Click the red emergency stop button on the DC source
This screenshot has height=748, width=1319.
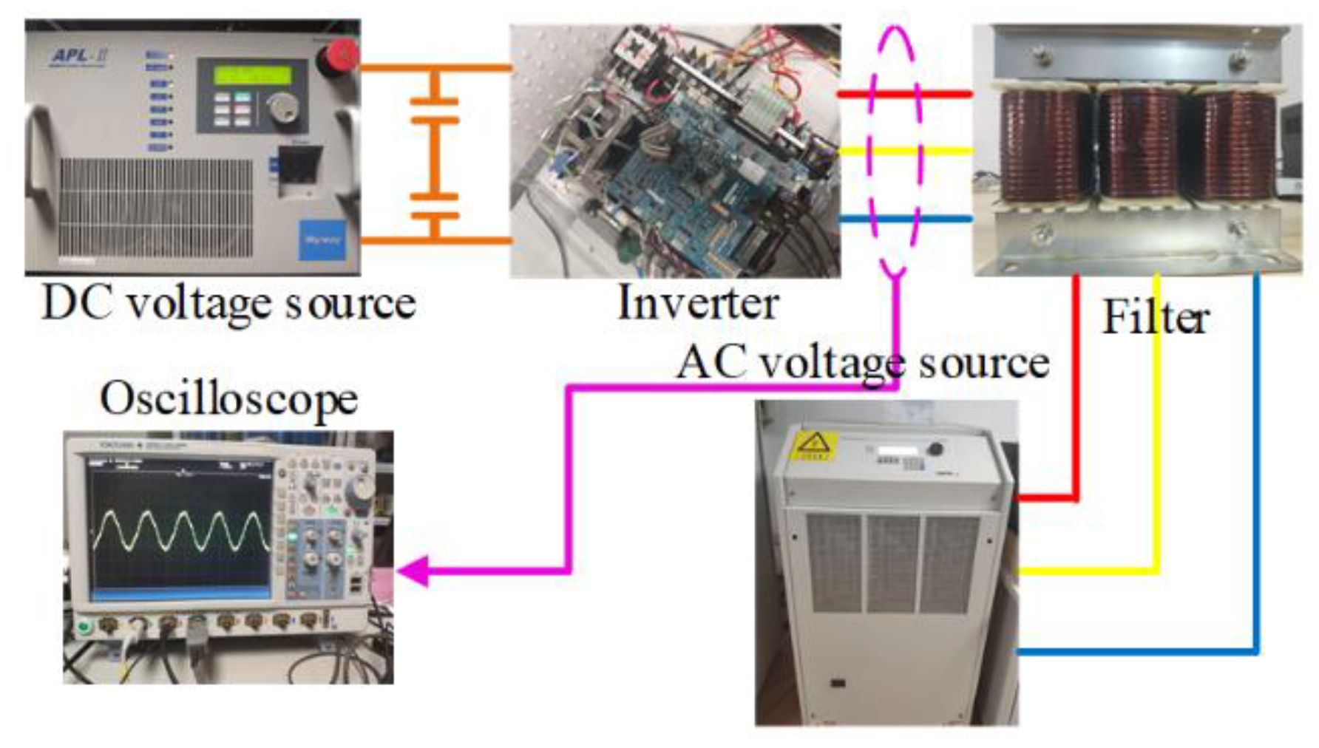click(342, 55)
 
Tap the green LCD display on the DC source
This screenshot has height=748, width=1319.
click(252, 75)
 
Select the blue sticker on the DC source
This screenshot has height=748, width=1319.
click(322, 240)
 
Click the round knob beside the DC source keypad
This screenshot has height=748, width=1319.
click(282, 108)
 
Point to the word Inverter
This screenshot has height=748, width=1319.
click(698, 303)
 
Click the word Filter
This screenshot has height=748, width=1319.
click(1155, 318)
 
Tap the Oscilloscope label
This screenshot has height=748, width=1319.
click(229, 399)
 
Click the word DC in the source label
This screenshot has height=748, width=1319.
click(77, 303)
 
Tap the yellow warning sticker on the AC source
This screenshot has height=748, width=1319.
click(814, 446)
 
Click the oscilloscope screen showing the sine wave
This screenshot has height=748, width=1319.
click(180, 528)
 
